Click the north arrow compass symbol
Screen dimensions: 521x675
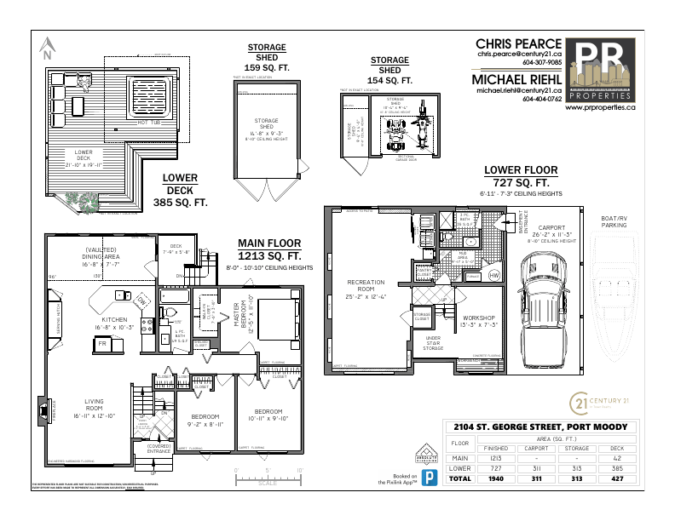pos(48,48)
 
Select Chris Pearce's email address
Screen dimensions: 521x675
pos(519,53)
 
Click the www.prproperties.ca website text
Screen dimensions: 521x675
pos(603,108)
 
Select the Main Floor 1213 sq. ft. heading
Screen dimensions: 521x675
pos(269,249)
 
